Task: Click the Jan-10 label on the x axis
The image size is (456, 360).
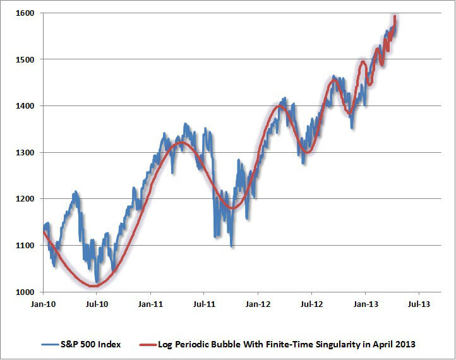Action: tap(43, 304)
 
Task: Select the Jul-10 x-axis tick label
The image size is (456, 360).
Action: tap(97, 304)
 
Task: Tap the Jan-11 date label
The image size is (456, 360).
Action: tap(150, 304)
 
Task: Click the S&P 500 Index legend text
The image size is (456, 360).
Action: tap(91, 344)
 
